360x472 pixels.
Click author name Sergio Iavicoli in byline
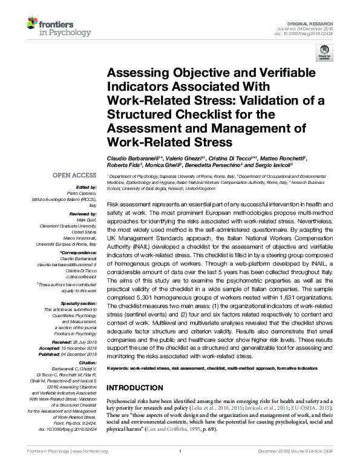tap(270, 166)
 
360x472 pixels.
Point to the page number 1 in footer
tap(180, 468)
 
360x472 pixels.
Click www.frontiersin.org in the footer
tap(90, 468)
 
